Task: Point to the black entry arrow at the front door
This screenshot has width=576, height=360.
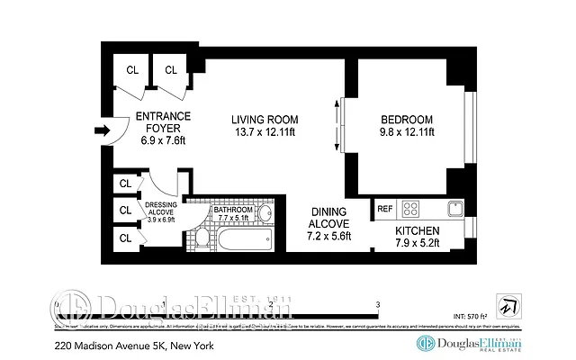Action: click(x=102, y=131)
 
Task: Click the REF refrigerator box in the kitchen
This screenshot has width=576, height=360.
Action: click(x=384, y=208)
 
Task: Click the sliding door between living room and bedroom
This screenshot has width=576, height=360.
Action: click(x=339, y=126)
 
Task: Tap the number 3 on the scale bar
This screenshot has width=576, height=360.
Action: click(x=378, y=304)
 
